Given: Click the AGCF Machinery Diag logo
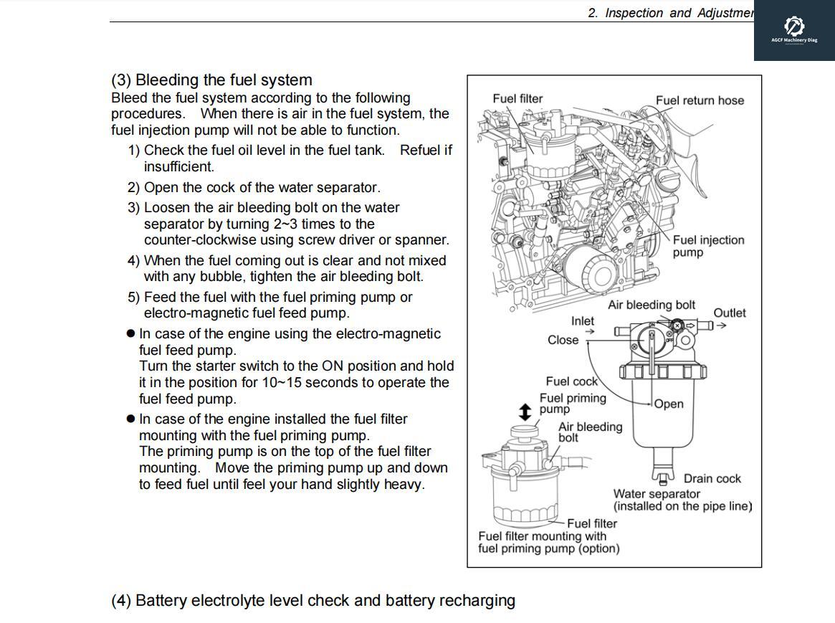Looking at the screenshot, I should tap(793, 29).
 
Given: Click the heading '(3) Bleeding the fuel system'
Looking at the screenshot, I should tap(211, 80).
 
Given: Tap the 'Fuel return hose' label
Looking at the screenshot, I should tap(700, 100).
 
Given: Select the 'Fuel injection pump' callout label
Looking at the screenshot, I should tap(707, 246).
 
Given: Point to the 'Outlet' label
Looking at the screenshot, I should tap(729, 313).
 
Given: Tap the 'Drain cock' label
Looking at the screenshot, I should tap(712, 478).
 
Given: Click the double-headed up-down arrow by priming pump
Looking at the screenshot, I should tap(525, 412).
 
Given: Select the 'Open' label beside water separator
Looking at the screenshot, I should tap(669, 404).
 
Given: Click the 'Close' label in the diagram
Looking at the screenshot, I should tap(563, 340).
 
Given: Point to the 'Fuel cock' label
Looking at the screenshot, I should tap(571, 381).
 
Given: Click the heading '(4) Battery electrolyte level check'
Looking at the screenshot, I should tap(312, 600).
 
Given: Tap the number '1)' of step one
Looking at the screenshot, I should tap(134, 151).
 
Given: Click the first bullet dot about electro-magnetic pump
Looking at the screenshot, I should tap(130, 334).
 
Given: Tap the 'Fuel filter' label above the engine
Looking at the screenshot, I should tap(517, 98).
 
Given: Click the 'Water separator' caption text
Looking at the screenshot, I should tap(657, 493).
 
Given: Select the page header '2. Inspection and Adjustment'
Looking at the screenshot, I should tap(670, 13).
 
